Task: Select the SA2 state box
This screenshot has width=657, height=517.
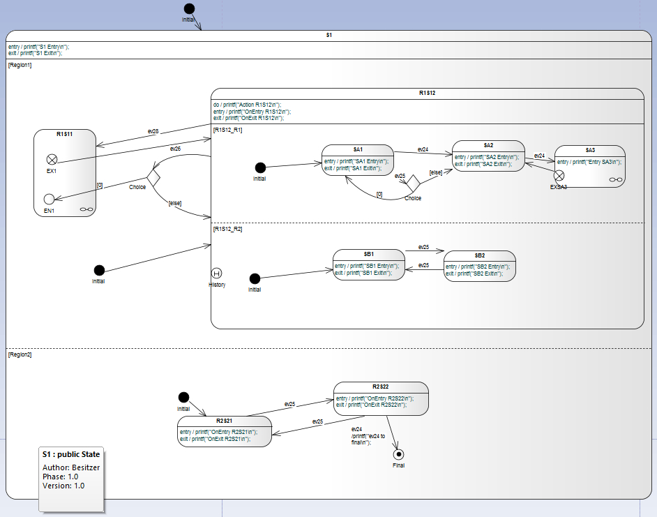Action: tap(488, 156)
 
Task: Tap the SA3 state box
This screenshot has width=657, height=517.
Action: tap(589, 166)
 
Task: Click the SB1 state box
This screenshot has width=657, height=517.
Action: tap(368, 266)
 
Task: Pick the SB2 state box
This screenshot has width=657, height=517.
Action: tap(479, 266)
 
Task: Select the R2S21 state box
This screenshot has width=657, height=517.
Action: tap(223, 431)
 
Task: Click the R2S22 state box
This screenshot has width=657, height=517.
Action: tap(380, 398)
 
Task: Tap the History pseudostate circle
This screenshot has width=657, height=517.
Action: tap(216, 274)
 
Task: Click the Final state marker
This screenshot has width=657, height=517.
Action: tap(398, 454)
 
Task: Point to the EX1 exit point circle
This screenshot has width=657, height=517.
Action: tap(51, 159)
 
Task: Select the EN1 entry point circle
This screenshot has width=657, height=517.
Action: tap(49, 199)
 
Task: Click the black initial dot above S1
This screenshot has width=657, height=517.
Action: tap(189, 9)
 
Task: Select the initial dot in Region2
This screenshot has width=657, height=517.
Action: tap(183, 397)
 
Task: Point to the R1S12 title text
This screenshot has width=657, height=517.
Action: tap(427, 93)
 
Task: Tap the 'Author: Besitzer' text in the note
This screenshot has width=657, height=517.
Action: tap(71, 467)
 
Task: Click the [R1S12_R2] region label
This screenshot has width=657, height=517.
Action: tap(228, 228)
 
